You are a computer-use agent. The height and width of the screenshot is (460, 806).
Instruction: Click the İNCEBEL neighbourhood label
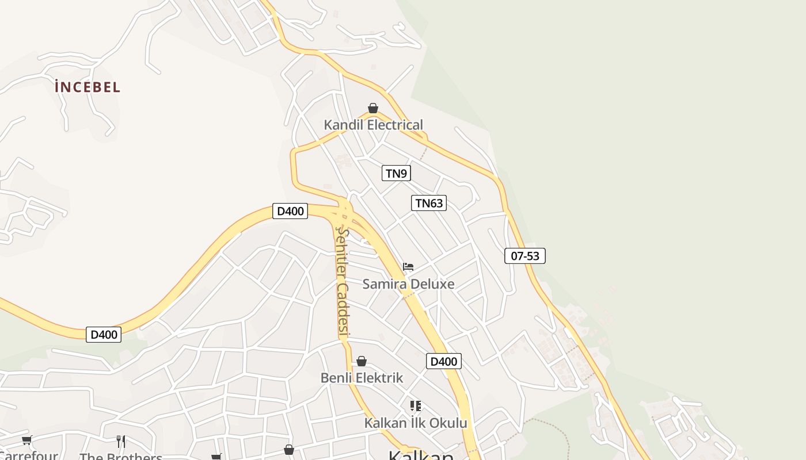pos(88,87)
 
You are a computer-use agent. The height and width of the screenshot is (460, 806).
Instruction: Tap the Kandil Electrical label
pos(373,125)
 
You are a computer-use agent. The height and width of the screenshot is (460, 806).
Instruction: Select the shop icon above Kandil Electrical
pos(373,108)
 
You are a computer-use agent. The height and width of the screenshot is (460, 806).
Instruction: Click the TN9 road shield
pos(396,173)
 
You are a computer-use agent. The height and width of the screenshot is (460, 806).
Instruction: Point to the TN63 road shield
pos(429,203)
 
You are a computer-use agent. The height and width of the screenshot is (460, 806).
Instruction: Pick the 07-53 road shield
pos(524,256)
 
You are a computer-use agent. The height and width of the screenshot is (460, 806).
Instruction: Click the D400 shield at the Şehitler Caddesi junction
pos(290,211)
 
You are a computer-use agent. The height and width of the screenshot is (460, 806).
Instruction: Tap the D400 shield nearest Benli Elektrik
pos(443,362)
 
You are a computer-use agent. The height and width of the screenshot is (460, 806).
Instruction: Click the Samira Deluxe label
pos(408,284)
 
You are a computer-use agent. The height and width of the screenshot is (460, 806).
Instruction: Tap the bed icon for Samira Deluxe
pos(408,267)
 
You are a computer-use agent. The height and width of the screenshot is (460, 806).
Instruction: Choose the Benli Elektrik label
pos(362,378)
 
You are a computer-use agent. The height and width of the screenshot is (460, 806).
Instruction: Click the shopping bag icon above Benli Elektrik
pos(362,361)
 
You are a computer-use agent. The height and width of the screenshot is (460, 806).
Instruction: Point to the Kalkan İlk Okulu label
pos(416,423)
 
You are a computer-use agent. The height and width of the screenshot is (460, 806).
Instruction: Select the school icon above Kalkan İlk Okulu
pos(416,406)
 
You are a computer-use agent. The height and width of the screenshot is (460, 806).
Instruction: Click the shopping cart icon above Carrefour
pos(27,440)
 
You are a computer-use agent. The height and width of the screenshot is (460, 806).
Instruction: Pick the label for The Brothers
pos(121,457)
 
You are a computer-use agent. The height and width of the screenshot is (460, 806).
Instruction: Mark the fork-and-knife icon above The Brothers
pos(121,442)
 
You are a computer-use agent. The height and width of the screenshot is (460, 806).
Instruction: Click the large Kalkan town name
pos(420,455)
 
